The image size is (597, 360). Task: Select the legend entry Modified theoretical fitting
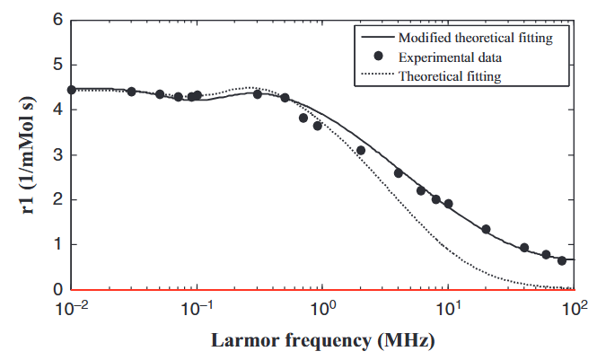tap(475, 38)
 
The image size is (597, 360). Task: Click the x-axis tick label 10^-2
tap(71, 309)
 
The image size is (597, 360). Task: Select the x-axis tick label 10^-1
tap(196, 309)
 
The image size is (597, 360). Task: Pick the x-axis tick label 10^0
tap(322, 309)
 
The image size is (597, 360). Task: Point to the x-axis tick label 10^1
tap(448, 309)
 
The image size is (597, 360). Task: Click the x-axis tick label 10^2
tap(574, 309)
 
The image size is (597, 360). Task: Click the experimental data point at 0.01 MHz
tap(71, 90)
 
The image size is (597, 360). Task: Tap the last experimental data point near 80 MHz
tap(562, 260)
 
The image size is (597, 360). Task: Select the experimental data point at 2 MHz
tap(361, 150)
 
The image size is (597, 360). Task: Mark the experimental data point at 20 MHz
tap(486, 229)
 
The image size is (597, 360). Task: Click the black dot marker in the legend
tap(379, 57)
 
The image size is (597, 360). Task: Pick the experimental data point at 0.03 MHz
tap(131, 92)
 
